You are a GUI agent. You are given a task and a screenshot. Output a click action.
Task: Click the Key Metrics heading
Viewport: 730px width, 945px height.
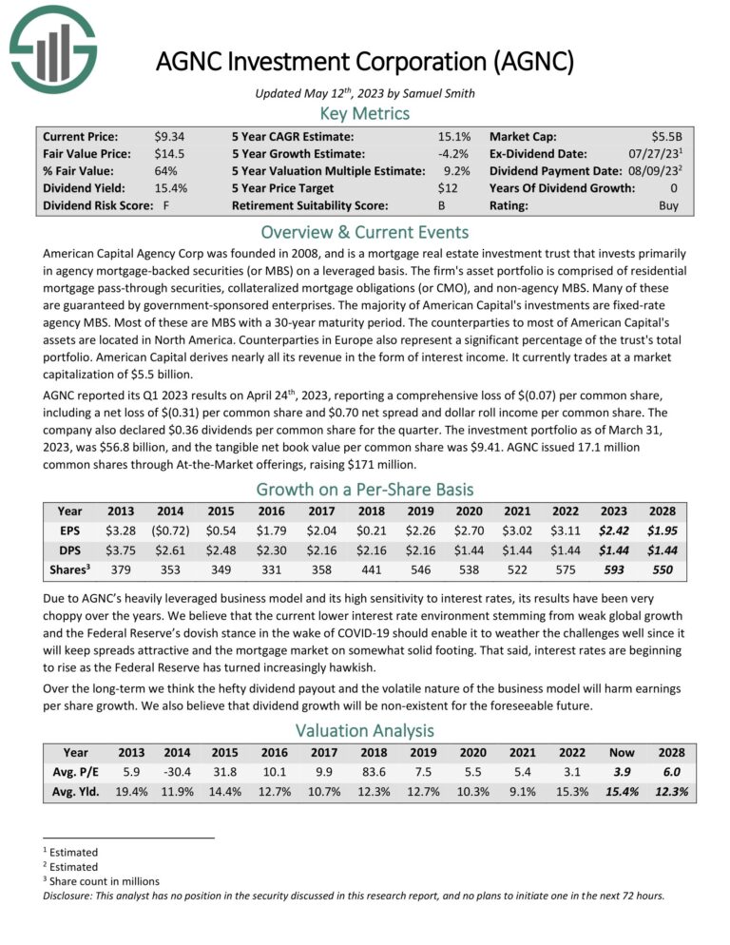click(x=365, y=113)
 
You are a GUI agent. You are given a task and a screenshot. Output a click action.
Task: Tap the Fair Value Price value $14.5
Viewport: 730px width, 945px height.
click(x=170, y=154)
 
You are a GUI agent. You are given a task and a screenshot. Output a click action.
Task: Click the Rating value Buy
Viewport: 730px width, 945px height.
click(x=669, y=205)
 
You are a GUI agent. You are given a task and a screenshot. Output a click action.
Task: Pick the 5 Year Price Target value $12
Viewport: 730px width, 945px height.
click(x=459, y=188)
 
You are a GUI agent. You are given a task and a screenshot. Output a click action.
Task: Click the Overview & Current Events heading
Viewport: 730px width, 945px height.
click(x=365, y=232)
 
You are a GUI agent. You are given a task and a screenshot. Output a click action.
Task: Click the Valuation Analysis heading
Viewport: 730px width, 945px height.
click(x=365, y=730)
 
